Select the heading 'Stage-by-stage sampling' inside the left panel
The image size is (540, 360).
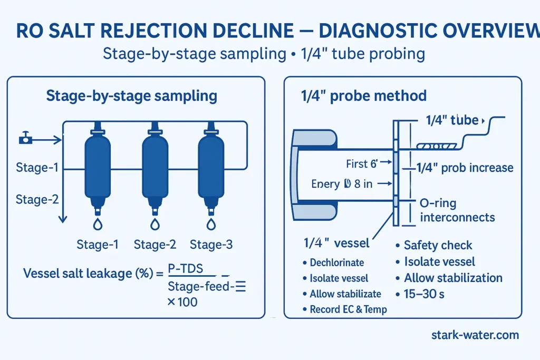click(x=131, y=96)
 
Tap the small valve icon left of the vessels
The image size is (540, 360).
click(x=25, y=140)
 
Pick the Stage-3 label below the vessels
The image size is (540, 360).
click(x=211, y=245)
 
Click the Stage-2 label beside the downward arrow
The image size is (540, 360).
click(x=36, y=199)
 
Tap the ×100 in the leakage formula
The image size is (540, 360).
click(x=182, y=303)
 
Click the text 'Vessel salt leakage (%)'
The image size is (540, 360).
click(x=88, y=274)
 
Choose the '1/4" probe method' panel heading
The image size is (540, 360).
click(x=363, y=96)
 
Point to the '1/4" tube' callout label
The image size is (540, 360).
click(x=451, y=120)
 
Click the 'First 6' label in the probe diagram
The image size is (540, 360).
click(x=362, y=164)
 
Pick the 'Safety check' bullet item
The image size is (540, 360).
click(x=438, y=245)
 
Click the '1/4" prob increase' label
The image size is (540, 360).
click(x=465, y=168)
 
